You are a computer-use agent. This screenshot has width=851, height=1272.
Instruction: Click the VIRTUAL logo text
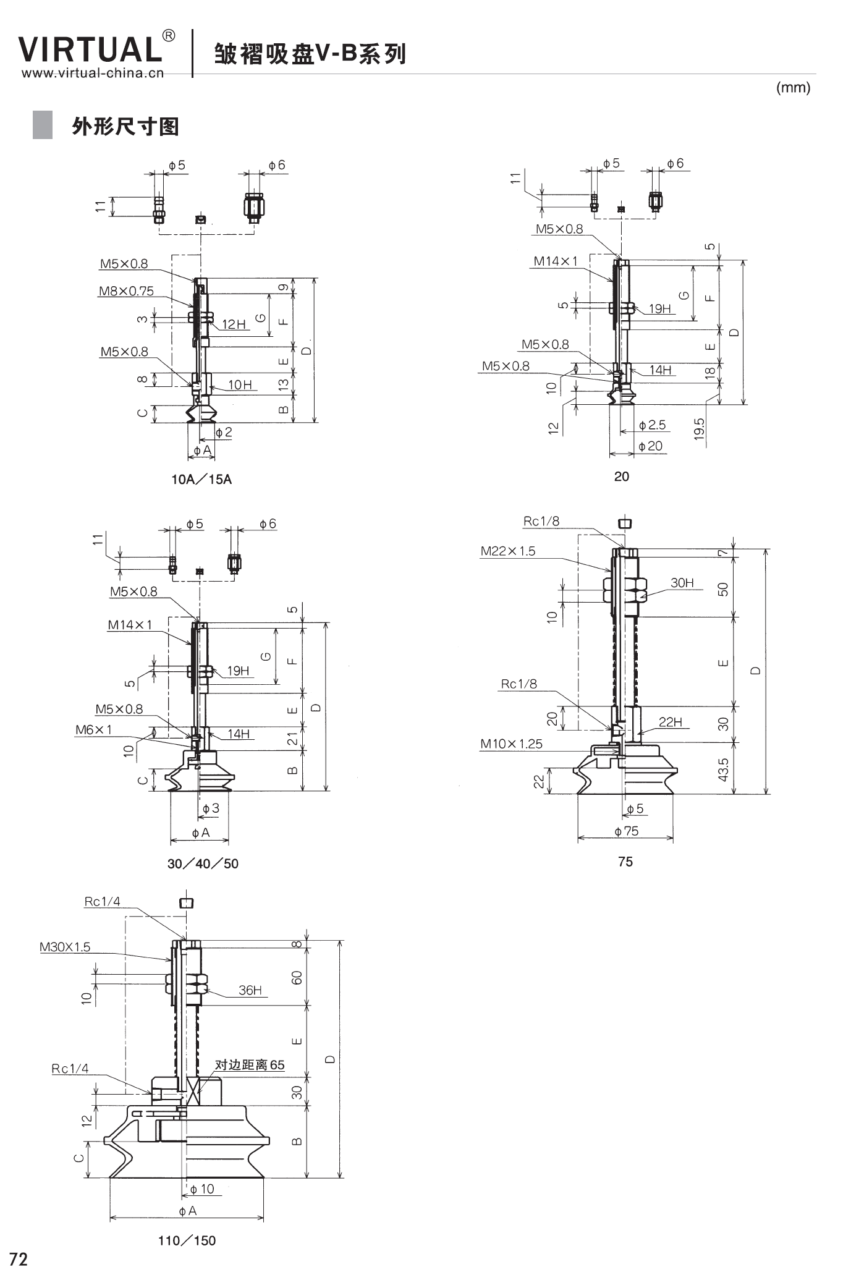tap(90, 49)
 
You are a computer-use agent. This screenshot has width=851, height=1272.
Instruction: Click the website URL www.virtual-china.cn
tap(93, 74)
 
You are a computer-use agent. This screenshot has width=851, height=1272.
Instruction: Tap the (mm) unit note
tap(793, 88)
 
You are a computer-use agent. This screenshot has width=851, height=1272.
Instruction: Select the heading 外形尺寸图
tap(125, 126)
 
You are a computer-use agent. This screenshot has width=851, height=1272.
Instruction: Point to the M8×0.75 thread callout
tap(126, 291)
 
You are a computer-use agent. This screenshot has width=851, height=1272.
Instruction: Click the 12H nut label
tap(234, 324)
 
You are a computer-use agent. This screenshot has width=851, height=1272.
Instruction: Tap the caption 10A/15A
tap(201, 480)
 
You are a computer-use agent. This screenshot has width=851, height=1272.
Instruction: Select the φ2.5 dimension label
tap(653, 425)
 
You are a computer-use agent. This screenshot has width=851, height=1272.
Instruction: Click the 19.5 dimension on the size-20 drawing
tap(699, 429)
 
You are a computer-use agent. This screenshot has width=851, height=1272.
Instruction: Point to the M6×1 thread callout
tap(94, 730)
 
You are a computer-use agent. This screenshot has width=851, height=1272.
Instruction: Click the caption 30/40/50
tap(203, 863)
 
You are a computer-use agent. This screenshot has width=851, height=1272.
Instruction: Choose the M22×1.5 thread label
tap(508, 551)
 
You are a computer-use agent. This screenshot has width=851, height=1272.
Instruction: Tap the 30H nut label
tap(682, 583)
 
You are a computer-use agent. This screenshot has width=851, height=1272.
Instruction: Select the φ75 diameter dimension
tap(627, 831)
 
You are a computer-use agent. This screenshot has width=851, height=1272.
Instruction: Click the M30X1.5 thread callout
tap(65, 947)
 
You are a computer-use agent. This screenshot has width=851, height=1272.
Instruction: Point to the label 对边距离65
tap(250, 1065)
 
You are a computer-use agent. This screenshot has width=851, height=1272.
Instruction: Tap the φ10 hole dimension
tap(202, 1189)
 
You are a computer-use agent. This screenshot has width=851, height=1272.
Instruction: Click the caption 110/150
tap(187, 1240)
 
